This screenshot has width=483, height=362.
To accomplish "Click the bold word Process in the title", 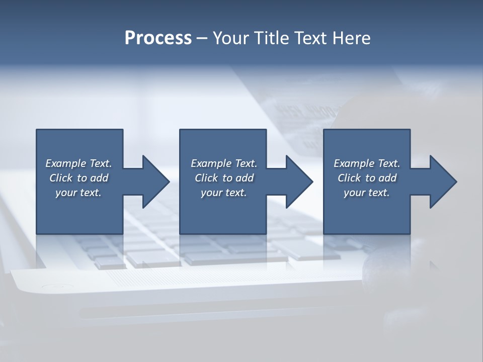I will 158,38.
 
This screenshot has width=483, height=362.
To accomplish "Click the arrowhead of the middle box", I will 298,182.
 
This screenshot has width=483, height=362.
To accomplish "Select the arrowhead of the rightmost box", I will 442,182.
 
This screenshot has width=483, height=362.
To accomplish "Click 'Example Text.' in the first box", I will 79,163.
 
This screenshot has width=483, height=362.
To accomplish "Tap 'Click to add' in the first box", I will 79,178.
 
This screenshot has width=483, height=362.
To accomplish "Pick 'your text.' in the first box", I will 79,193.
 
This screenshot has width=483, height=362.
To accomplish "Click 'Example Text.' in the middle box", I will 224,163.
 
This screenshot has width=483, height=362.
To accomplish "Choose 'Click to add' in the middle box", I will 224,178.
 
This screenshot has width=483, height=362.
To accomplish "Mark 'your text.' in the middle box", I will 224,193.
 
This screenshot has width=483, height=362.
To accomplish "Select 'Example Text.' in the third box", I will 367,163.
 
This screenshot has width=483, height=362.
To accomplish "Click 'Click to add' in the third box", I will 367,178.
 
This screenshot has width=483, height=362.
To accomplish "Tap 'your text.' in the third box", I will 367,193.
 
